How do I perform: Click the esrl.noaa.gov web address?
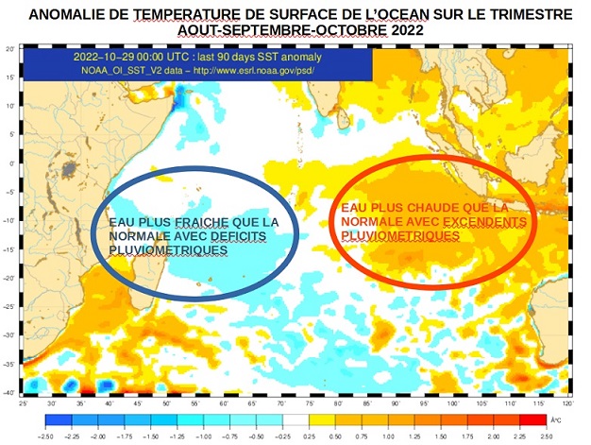pyautogui.click(x=261, y=70)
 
